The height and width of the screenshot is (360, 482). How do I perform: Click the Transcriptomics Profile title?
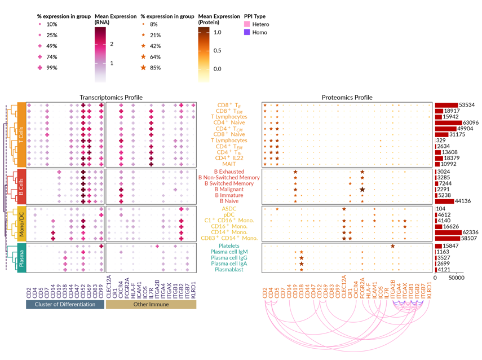coord(110,97)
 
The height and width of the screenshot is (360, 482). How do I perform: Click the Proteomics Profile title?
coord(347,97)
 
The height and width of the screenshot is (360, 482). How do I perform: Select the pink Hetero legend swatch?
coord(247,24)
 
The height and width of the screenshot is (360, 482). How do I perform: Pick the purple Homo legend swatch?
coord(247,32)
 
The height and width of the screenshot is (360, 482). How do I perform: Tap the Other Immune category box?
coord(151,304)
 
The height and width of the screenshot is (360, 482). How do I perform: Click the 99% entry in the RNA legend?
coord(51,68)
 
